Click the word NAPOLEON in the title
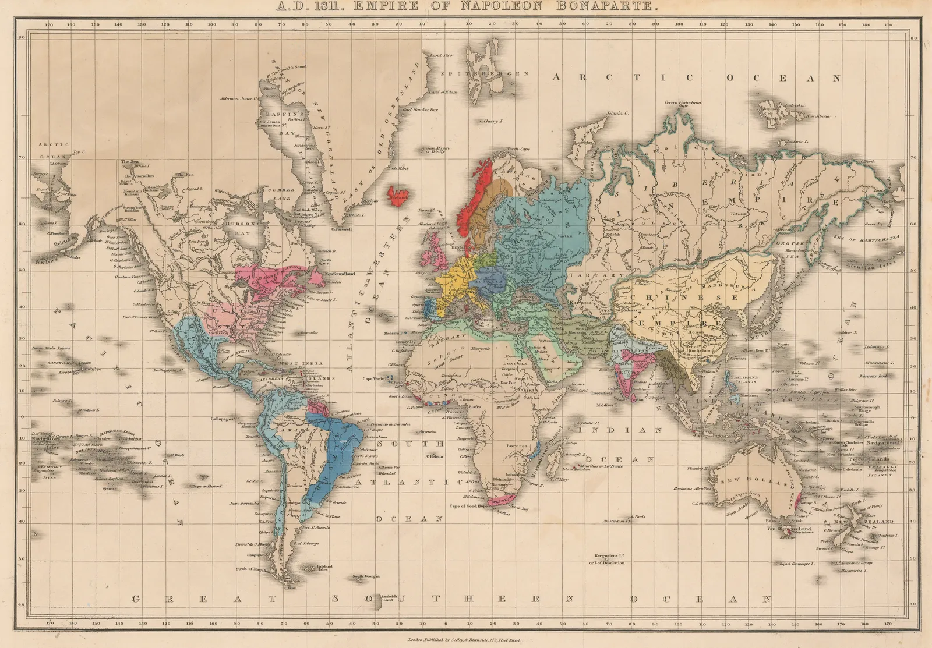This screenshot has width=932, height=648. pos(535,8)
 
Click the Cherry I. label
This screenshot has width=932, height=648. pos(493,122)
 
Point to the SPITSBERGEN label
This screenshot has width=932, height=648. pos(485,74)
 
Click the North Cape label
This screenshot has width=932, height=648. pos(518,150)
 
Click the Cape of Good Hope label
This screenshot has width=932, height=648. pos(466,506)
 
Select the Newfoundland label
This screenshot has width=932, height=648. pos(340,274)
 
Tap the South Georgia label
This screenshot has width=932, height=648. pos(366,576)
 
